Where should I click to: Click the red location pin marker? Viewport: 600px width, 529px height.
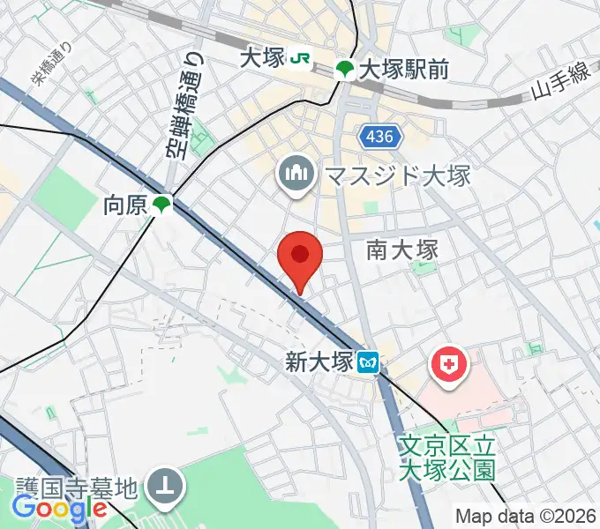tap(300, 257)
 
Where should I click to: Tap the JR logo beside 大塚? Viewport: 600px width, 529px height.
tap(303, 59)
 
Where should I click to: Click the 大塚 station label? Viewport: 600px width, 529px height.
tap(262, 59)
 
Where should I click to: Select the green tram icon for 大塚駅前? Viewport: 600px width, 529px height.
tap(345, 69)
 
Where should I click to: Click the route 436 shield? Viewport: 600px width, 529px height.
tap(380, 137)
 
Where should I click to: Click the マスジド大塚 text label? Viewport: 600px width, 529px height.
tap(397, 175)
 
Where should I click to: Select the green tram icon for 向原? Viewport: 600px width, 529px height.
tap(161, 205)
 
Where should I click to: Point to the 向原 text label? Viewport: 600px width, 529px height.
tap(124, 205)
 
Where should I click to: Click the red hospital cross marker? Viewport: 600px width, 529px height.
tap(447, 365)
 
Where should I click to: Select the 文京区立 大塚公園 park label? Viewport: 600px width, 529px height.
tap(446, 458)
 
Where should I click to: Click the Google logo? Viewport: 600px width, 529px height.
tap(59, 508)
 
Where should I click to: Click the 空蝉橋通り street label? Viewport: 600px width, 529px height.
tap(184, 103)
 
